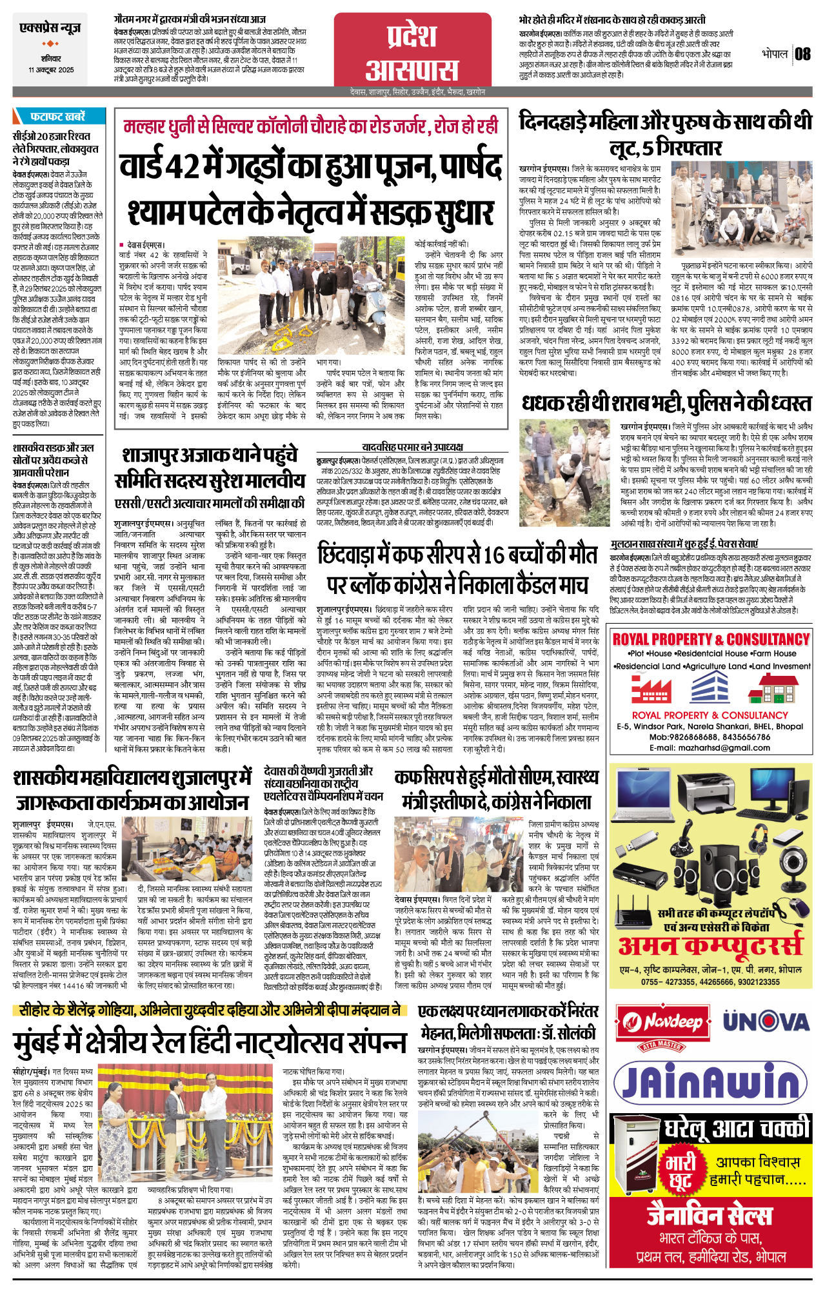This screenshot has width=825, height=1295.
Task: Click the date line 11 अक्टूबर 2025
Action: pos(51,70)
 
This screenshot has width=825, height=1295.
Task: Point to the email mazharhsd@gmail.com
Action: pos(709,748)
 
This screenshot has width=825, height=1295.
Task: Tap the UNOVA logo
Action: pos(765,1021)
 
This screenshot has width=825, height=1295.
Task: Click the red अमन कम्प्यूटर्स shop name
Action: pos(710,945)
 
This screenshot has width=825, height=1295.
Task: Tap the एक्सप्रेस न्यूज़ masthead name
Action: pos(50,29)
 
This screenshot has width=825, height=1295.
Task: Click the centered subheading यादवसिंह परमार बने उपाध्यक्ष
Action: pos(412,447)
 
